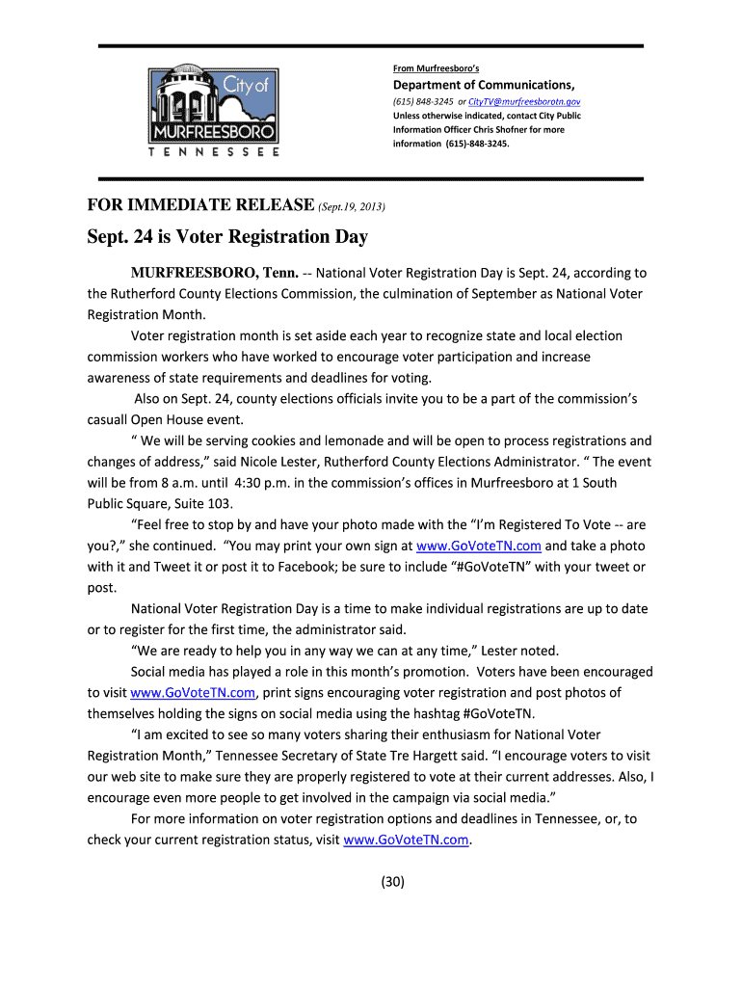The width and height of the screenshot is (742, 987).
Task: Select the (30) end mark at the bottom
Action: [393, 881]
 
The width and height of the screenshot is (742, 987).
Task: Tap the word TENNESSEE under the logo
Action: [214, 152]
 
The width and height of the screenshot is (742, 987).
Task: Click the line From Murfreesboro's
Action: [436, 67]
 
